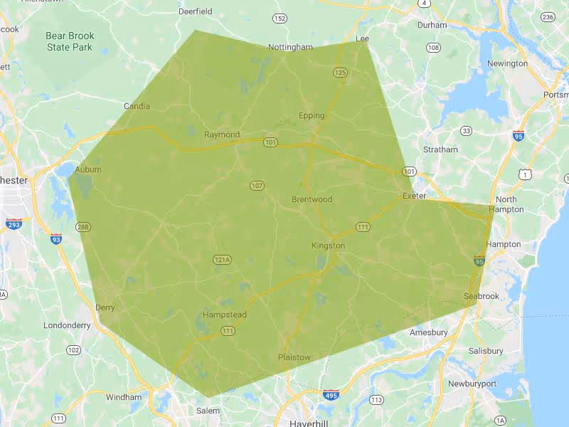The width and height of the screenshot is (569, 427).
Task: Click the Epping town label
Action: click(312, 115)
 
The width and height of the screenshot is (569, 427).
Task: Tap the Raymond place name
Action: click(222, 135)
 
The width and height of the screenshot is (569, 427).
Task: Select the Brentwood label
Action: click(312, 199)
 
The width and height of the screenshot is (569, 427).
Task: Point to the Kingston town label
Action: click(328, 246)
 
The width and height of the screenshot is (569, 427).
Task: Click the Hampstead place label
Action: click(224, 314)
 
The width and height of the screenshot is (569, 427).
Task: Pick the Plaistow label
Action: click(294, 357)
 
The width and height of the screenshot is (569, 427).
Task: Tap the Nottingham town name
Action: click(290, 47)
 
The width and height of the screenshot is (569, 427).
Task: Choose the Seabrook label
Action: click(482, 296)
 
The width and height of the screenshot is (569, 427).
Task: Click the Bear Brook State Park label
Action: click(70, 41)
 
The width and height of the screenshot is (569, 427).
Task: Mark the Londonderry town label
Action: click(67, 325)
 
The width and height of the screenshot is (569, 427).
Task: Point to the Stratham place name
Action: click(440, 149)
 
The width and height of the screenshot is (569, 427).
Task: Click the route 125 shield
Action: click(340, 72)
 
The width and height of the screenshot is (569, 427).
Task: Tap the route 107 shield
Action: click(257, 186)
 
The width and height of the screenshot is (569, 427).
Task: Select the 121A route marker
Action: click(223, 260)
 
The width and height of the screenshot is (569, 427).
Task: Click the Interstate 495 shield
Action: click(331, 394)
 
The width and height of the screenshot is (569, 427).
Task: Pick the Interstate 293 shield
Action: click(13, 223)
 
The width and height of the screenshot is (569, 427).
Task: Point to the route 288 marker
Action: click(83, 227)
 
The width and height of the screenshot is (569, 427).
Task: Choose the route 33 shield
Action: click(466, 131)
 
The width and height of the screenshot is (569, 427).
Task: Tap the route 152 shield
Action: click(280, 18)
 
